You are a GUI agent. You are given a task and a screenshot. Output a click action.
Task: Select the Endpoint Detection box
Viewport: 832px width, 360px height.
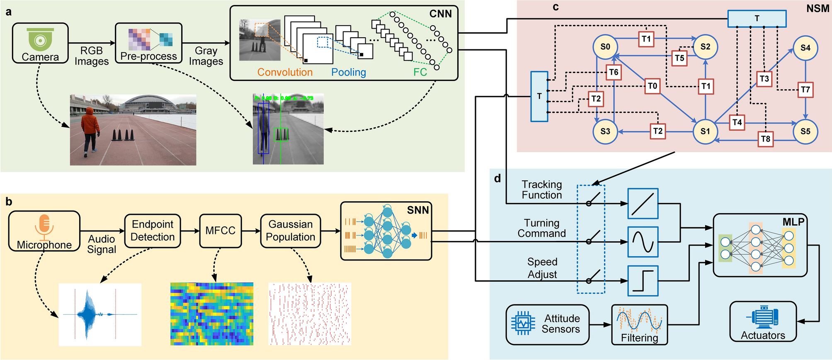pyautogui.click(x=153, y=231)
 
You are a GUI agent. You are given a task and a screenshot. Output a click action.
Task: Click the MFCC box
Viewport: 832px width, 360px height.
pyautogui.click(x=220, y=231)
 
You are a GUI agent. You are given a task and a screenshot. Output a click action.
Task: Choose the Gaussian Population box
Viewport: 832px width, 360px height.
pyautogui.click(x=290, y=231)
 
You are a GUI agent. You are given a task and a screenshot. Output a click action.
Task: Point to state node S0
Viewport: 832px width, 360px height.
pyautogui.click(x=605, y=47)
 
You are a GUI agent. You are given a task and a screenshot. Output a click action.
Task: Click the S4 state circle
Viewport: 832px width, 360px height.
pyautogui.click(x=805, y=48)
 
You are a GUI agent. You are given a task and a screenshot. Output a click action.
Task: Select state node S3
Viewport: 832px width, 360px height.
pyautogui.click(x=605, y=131)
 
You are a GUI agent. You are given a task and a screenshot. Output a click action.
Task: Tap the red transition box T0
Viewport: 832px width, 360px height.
pyautogui.click(x=653, y=86)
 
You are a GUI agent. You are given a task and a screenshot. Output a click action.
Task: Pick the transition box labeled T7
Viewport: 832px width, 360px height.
pyautogui.click(x=805, y=90)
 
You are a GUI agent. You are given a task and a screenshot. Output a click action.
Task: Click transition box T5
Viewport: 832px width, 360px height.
pyautogui.click(x=679, y=58)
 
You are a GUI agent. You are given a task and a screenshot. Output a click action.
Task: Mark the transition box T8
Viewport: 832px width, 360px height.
pyautogui.click(x=766, y=139)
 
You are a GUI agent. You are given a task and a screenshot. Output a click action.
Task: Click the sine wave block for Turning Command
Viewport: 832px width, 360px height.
pyautogui.click(x=643, y=242)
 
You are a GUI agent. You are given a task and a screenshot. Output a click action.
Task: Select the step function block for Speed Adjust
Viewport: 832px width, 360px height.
pyautogui.click(x=643, y=281)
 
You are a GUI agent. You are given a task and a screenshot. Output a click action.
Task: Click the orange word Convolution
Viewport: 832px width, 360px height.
pyautogui.click(x=285, y=72)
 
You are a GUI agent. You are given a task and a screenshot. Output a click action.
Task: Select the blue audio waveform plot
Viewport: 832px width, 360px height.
pyautogui.click(x=100, y=314)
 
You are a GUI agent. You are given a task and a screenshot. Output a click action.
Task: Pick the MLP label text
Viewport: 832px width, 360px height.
pyautogui.click(x=793, y=222)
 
